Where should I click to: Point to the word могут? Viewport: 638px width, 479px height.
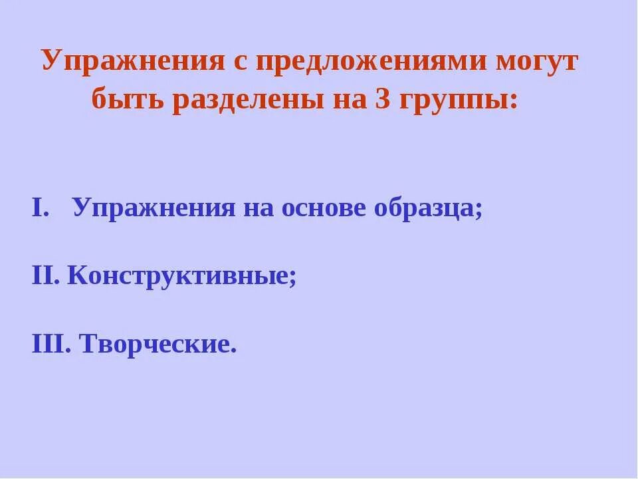point(536,63)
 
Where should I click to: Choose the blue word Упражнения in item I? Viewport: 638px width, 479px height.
point(154,209)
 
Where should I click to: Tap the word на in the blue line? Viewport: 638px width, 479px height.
point(258,209)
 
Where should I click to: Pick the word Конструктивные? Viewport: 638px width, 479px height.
point(178,277)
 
